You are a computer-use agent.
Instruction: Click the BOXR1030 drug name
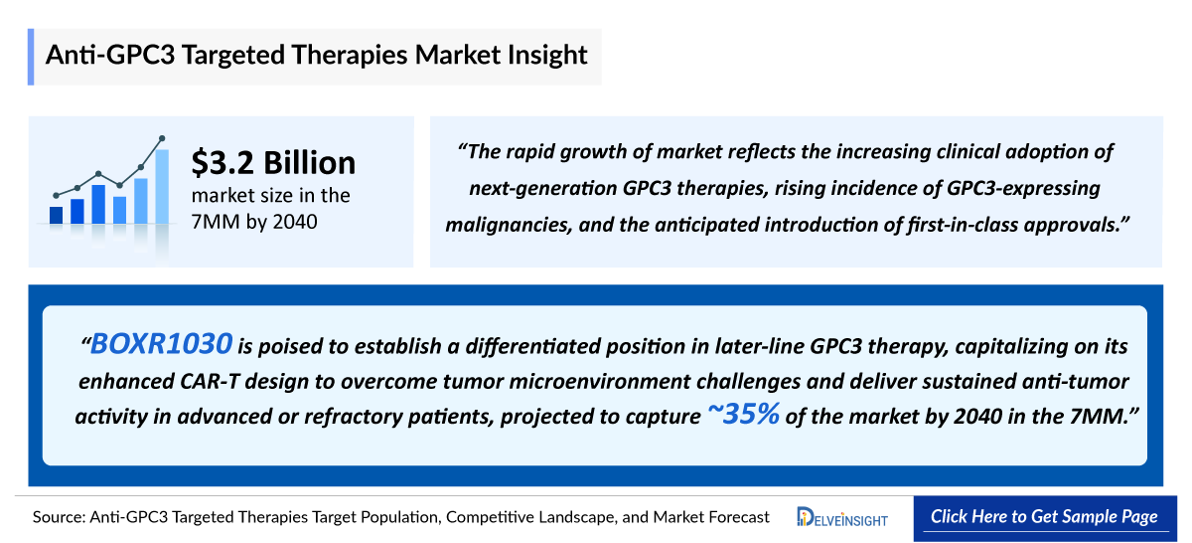tap(162, 345)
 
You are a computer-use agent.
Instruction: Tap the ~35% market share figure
tap(742, 415)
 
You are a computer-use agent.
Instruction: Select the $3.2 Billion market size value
tap(273, 162)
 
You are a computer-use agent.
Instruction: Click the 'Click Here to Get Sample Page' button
tap(1044, 517)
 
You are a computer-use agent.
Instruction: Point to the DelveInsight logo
tap(842, 517)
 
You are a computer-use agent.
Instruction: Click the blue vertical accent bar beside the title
tap(32, 56)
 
